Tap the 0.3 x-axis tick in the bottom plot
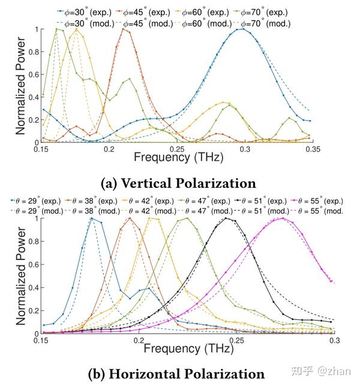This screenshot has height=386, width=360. coord(334,340)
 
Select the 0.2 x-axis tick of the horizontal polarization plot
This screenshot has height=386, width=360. coord(139,340)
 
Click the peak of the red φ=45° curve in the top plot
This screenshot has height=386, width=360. coord(126,29)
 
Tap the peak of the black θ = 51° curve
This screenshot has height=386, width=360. coord(226,219)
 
